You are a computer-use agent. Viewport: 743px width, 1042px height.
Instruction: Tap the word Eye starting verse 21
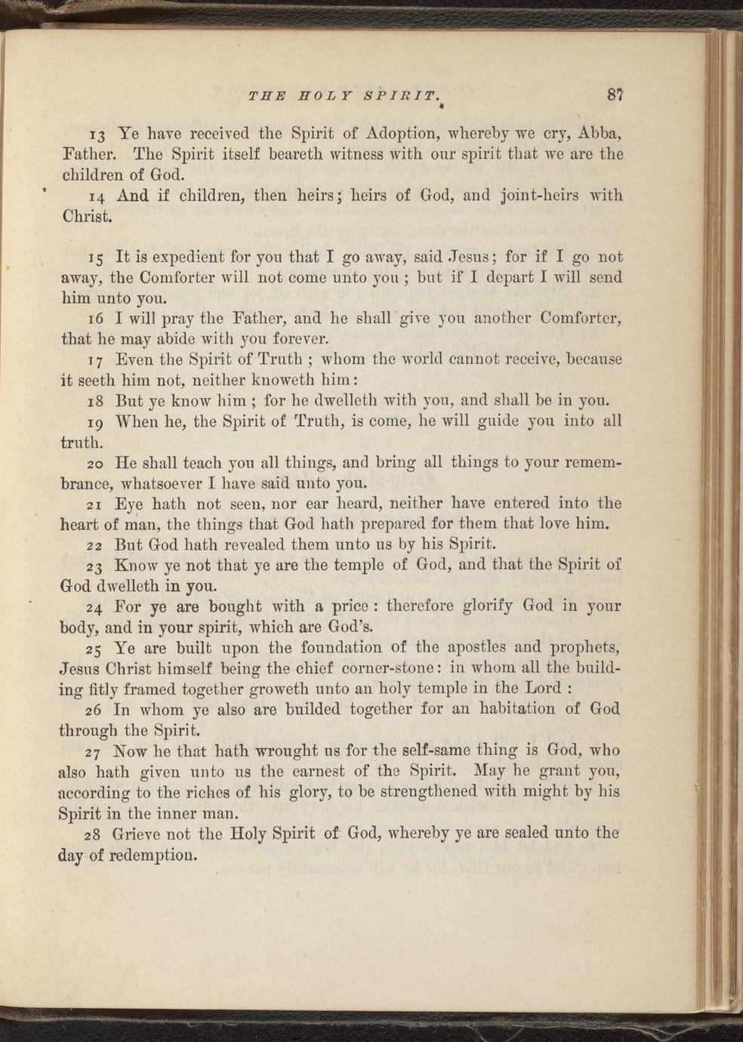pos(128,504)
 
